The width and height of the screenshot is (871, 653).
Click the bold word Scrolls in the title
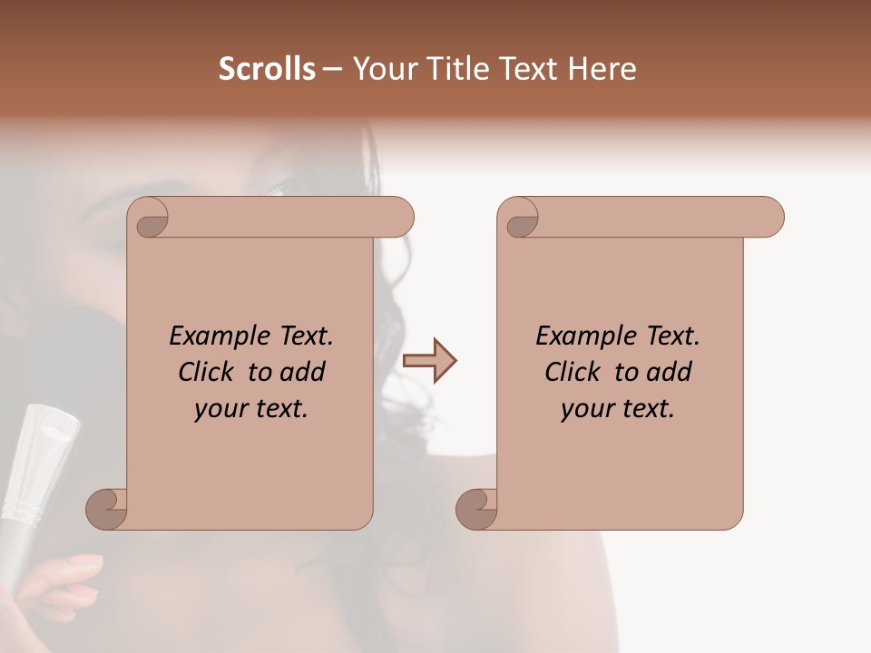[x=268, y=69]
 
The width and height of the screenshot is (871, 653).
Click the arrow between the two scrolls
[x=429, y=361]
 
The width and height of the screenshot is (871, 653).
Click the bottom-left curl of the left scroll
[x=107, y=508]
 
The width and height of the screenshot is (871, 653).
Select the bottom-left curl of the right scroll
[x=477, y=508]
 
